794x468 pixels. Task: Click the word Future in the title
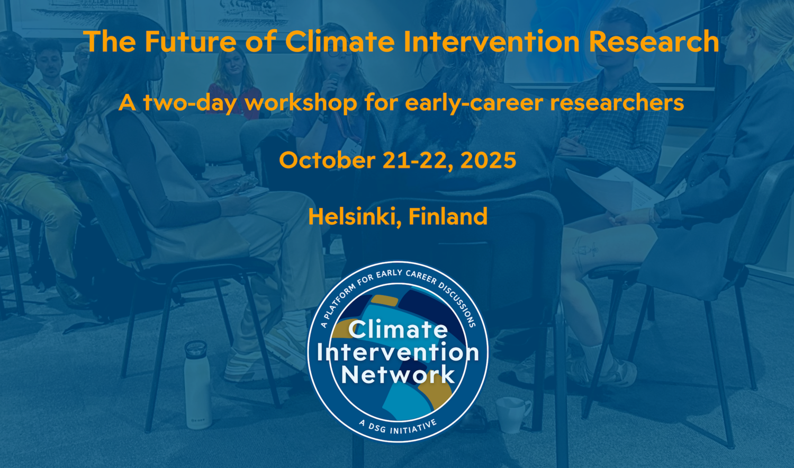point(191,41)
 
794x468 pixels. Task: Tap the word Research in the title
point(654,41)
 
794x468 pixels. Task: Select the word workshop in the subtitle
point(301,102)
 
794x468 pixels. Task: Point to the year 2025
point(488,160)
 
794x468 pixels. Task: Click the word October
point(327,160)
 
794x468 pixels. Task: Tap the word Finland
point(448,216)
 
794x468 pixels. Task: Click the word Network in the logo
point(398,374)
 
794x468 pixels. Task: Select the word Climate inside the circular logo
point(398,329)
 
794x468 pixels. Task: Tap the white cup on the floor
point(512,415)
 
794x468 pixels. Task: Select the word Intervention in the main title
point(491,41)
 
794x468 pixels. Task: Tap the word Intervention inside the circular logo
point(398,352)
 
